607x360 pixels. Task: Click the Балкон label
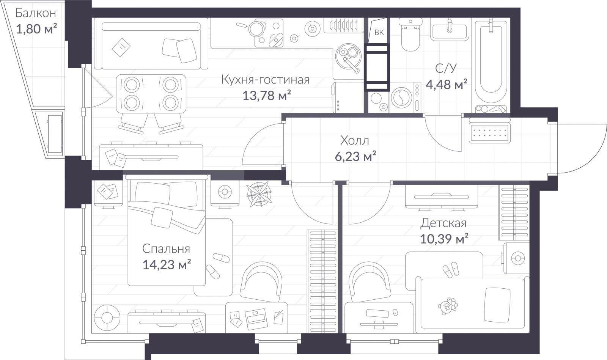36,13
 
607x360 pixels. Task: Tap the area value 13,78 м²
267,95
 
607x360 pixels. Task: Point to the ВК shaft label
379,33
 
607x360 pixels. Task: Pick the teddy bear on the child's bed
447,306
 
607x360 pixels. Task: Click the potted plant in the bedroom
259,194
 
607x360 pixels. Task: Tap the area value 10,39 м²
444,239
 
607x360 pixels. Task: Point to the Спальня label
166,249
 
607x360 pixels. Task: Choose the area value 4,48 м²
447,84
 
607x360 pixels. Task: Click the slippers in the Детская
451,270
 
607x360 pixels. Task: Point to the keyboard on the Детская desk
377,313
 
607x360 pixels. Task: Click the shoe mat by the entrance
490,133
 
